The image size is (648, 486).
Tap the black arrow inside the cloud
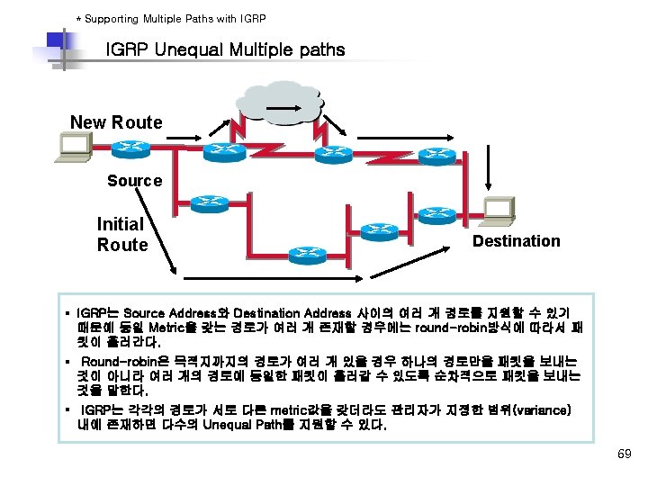280,111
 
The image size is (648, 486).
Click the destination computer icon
498,211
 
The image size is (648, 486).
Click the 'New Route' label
116,122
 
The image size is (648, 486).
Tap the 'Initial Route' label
121,234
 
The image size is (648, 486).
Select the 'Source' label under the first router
134,181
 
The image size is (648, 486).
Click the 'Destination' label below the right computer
516,241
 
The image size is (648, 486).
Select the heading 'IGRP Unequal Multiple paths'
225,49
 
